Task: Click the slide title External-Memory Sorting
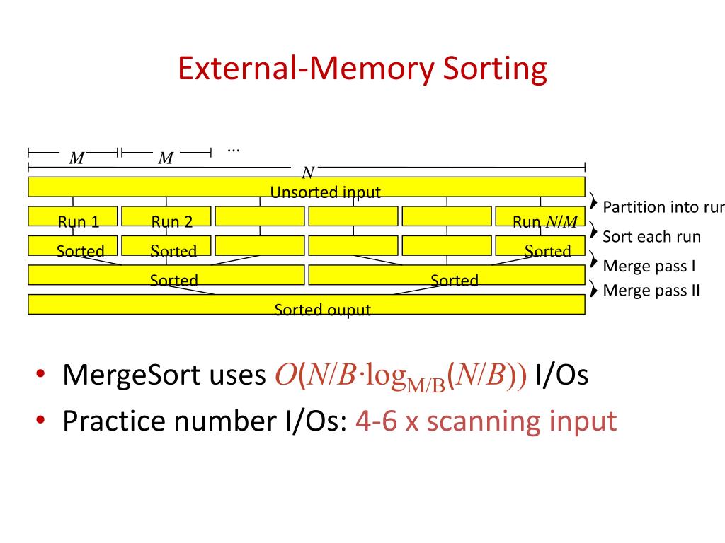click(x=362, y=69)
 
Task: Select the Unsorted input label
click(x=325, y=192)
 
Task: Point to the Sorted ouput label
click(x=322, y=309)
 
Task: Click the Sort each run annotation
click(x=651, y=236)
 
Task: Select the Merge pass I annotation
click(x=649, y=267)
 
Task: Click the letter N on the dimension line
click(x=307, y=173)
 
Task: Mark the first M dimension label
click(x=76, y=158)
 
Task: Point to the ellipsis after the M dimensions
click(x=234, y=149)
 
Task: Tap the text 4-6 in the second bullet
click(x=377, y=421)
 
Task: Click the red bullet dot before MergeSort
click(x=42, y=374)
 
